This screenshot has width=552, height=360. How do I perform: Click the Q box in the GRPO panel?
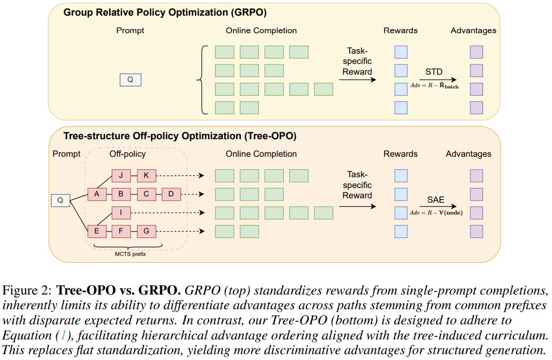pyautogui.click(x=130, y=80)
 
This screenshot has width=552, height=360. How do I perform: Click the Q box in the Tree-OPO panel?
pyautogui.click(x=61, y=200)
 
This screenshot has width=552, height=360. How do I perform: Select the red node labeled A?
pyautogui.click(x=97, y=194)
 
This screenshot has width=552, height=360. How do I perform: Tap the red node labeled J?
pyautogui.click(x=121, y=176)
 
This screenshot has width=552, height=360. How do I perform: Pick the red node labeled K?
pyautogui.click(x=147, y=176)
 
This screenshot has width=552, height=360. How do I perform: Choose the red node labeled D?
pyautogui.click(x=171, y=194)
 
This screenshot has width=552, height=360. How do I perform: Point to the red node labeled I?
pyautogui.click(x=121, y=213)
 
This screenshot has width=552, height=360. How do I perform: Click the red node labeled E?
pyautogui.click(x=97, y=231)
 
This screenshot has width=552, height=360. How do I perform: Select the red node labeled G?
pyautogui.click(x=147, y=231)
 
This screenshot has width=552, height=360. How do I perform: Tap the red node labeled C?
pyautogui.click(x=147, y=194)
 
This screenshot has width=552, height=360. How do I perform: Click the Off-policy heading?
pyautogui.click(x=127, y=154)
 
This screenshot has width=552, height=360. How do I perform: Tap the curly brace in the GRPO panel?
pyautogui.click(x=200, y=80)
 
